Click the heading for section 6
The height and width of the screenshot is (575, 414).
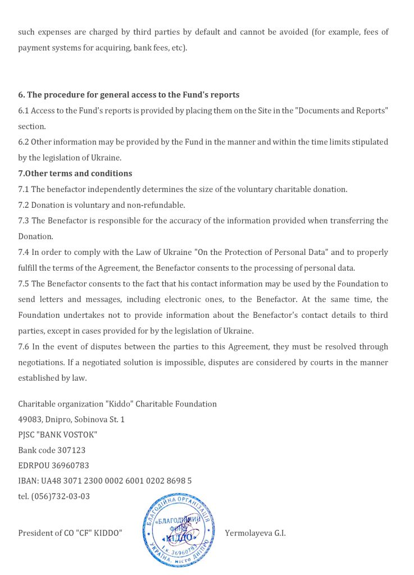point(129,95)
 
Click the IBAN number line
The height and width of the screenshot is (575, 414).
point(104,481)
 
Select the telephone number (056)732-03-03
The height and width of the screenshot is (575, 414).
point(61,496)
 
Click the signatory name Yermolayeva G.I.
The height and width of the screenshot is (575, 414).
point(255,533)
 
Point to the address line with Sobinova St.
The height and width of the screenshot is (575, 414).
point(71,419)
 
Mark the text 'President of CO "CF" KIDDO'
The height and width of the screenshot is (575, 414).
point(70,533)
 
